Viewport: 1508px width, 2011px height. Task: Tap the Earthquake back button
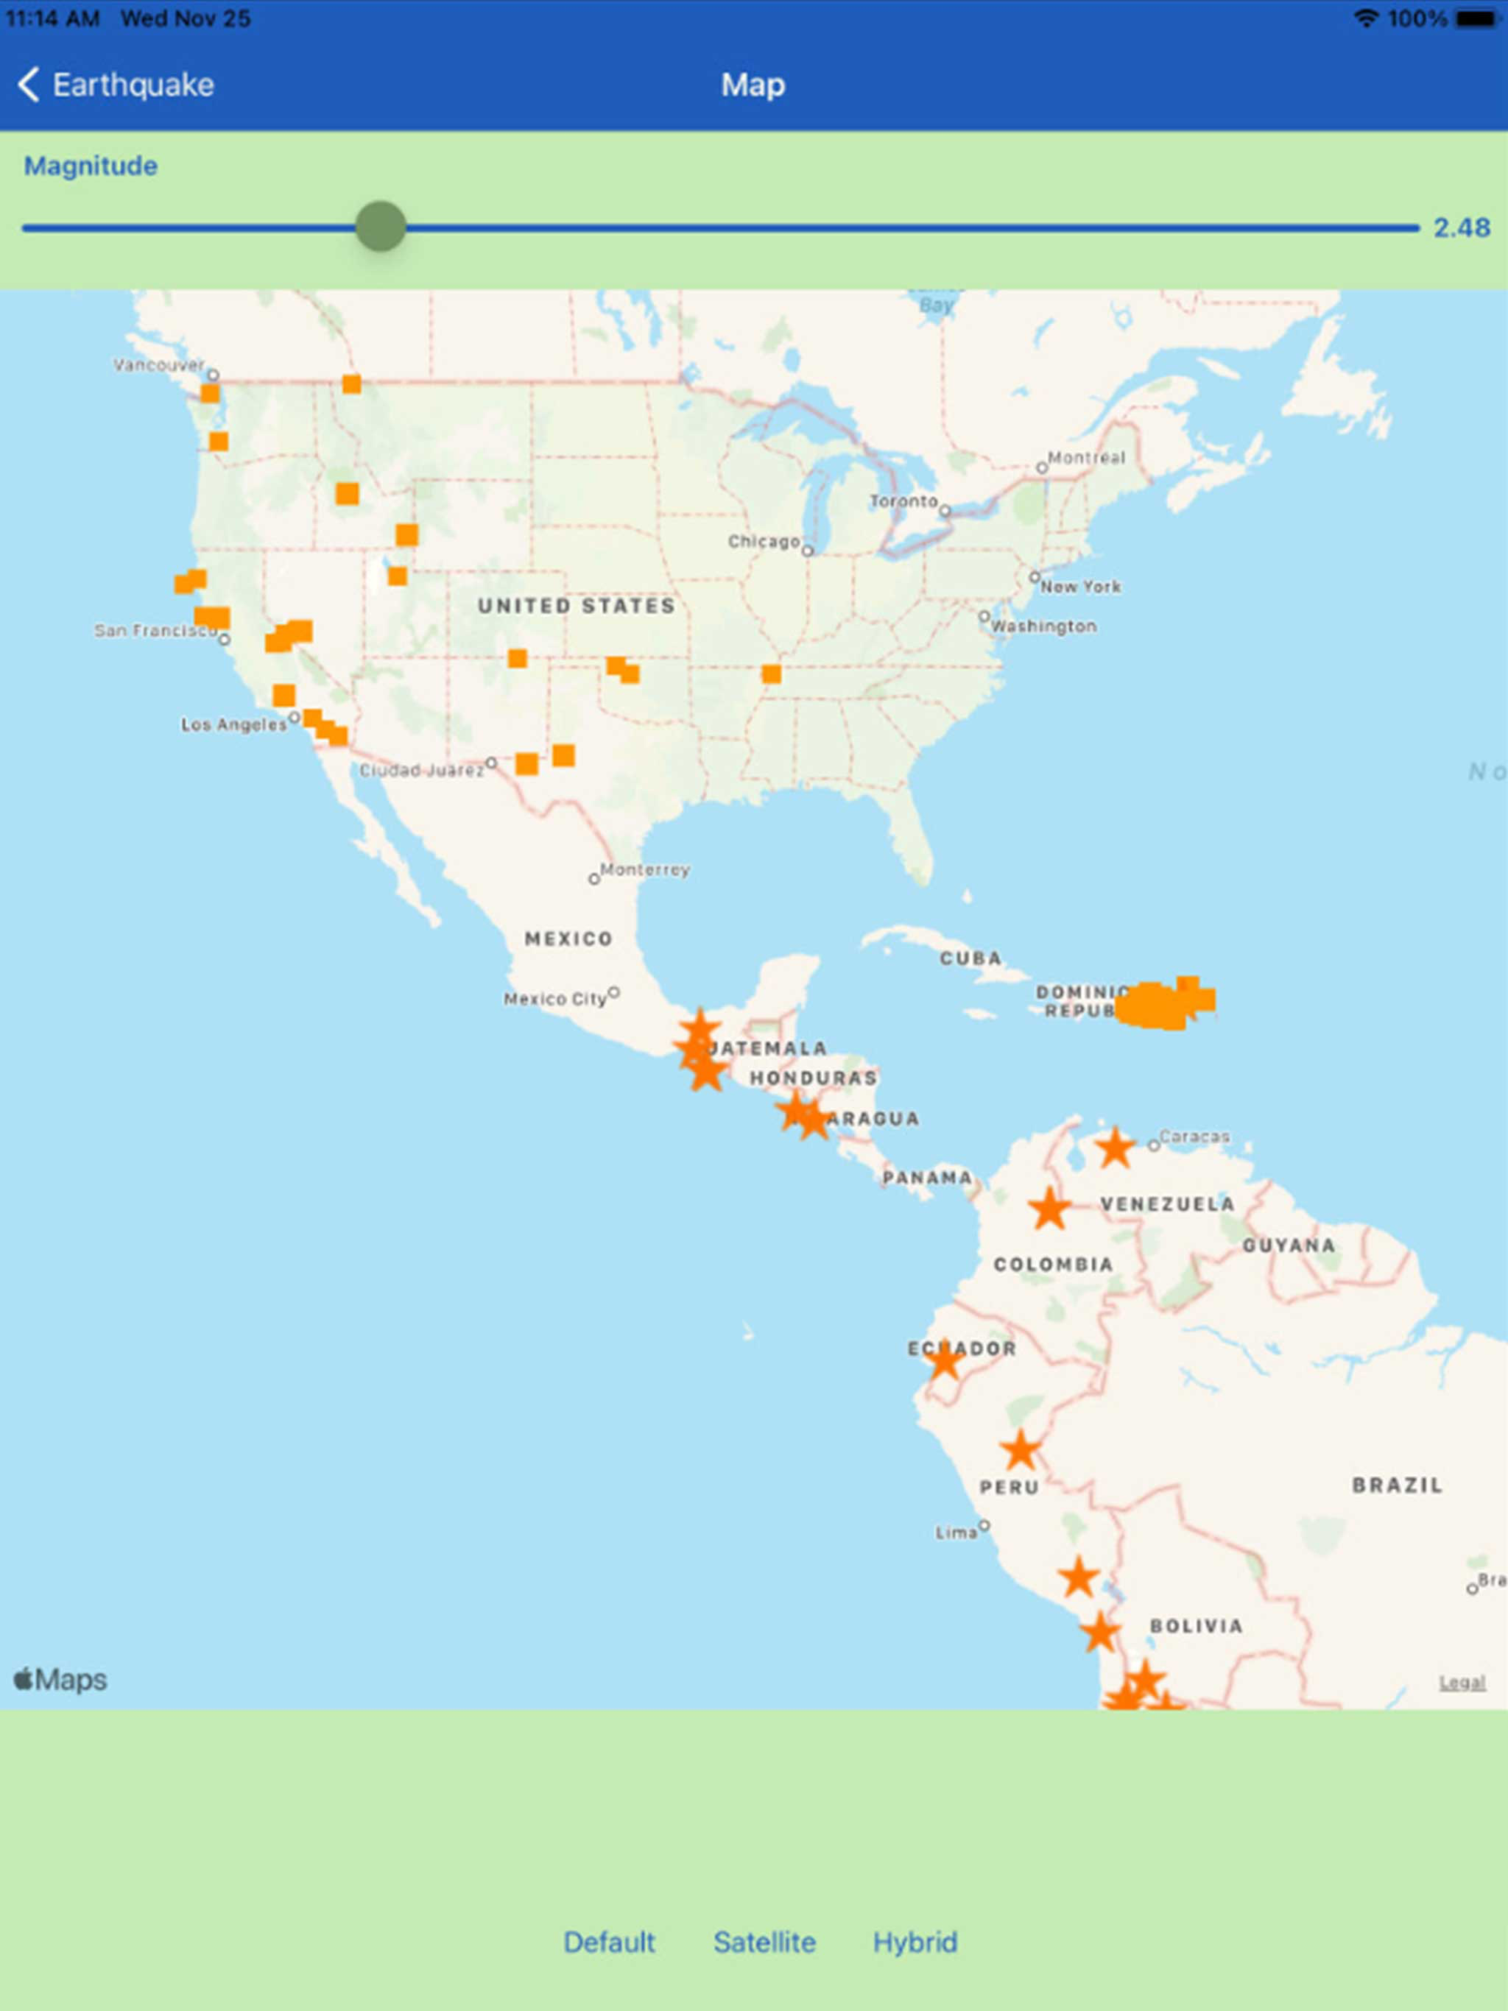coord(116,85)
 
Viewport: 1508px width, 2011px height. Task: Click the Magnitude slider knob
coord(380,227)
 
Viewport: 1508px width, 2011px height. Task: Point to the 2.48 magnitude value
coord(1461,227)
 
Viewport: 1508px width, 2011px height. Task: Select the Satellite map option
coord(764,1942)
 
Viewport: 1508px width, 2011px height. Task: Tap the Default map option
coord(608,1942)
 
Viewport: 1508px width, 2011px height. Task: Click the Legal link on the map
coord(1462,1683)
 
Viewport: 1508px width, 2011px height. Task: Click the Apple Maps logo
coord(61,1679)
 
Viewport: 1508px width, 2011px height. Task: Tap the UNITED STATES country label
coord(576,607)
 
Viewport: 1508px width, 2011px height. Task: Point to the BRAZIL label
coord(1396,1485)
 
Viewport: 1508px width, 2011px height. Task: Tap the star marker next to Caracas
coord(1115,1148)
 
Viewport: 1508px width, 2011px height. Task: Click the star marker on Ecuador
coord(945,1361)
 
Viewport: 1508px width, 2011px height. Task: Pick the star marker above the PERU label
coord(1021,1450)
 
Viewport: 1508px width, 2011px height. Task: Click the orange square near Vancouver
coord(210,393)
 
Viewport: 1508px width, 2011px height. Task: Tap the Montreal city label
coord(1086,457)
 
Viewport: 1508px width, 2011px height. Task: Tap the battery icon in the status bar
coord(1476,18)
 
